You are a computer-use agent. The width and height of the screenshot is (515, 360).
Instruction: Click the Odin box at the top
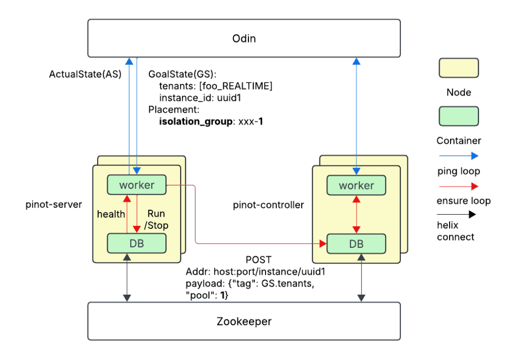[244, 38]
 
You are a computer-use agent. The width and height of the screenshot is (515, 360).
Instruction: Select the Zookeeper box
[244, 321]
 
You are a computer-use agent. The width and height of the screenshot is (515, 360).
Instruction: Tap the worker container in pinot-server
[137, 185]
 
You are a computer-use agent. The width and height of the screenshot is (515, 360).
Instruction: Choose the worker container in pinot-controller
[356, 186]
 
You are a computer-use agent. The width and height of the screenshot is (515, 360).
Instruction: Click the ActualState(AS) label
[85, 74]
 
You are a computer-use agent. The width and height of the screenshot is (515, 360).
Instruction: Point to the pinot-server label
[54, 205]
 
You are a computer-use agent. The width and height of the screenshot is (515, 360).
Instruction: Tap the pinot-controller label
[269, 205]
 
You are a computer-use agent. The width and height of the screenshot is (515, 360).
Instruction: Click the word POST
[258, 260]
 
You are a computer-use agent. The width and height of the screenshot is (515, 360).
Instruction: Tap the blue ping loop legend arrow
[459, 156]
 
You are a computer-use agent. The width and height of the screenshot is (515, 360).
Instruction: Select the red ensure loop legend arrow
[459, 187]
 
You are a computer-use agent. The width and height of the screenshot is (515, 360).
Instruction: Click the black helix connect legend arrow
[459, 215]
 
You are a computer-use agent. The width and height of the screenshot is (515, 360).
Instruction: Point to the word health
[111, 214]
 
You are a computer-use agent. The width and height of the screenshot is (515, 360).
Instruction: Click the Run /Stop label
[157, 219]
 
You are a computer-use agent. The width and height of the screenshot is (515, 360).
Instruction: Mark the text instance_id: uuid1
[200, 98]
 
